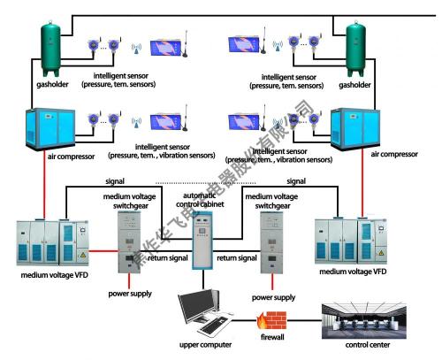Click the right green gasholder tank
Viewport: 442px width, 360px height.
coord(357,50)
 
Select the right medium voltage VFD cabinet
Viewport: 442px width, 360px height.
coord(353,240)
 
